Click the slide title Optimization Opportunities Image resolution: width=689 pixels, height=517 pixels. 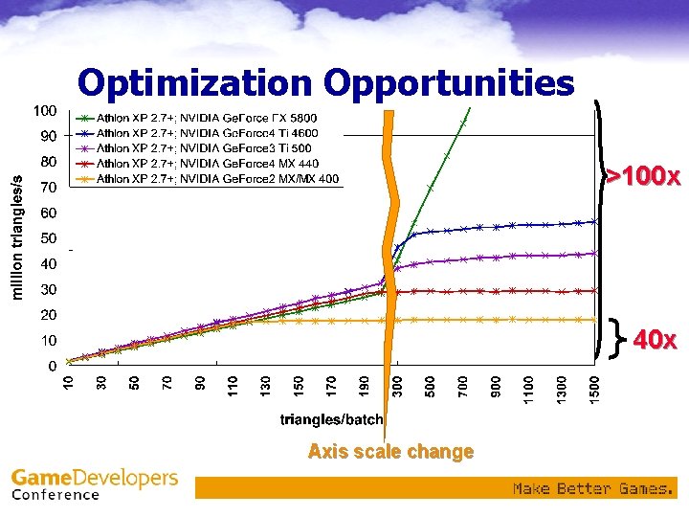pos(325,83)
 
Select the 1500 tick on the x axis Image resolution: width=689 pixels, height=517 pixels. pos(595,389)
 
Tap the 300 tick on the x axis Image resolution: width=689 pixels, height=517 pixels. pos(398,387)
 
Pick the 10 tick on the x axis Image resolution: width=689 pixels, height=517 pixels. pos(68,384)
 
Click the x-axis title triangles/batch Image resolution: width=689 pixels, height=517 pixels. pos(331,419)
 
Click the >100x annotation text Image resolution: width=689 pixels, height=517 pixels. pos(643,177)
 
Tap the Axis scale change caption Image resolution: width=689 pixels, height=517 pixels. pos(390,452)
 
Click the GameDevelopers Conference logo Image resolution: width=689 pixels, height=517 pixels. pos(94,483)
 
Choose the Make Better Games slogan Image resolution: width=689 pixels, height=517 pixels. pos(592,489)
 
